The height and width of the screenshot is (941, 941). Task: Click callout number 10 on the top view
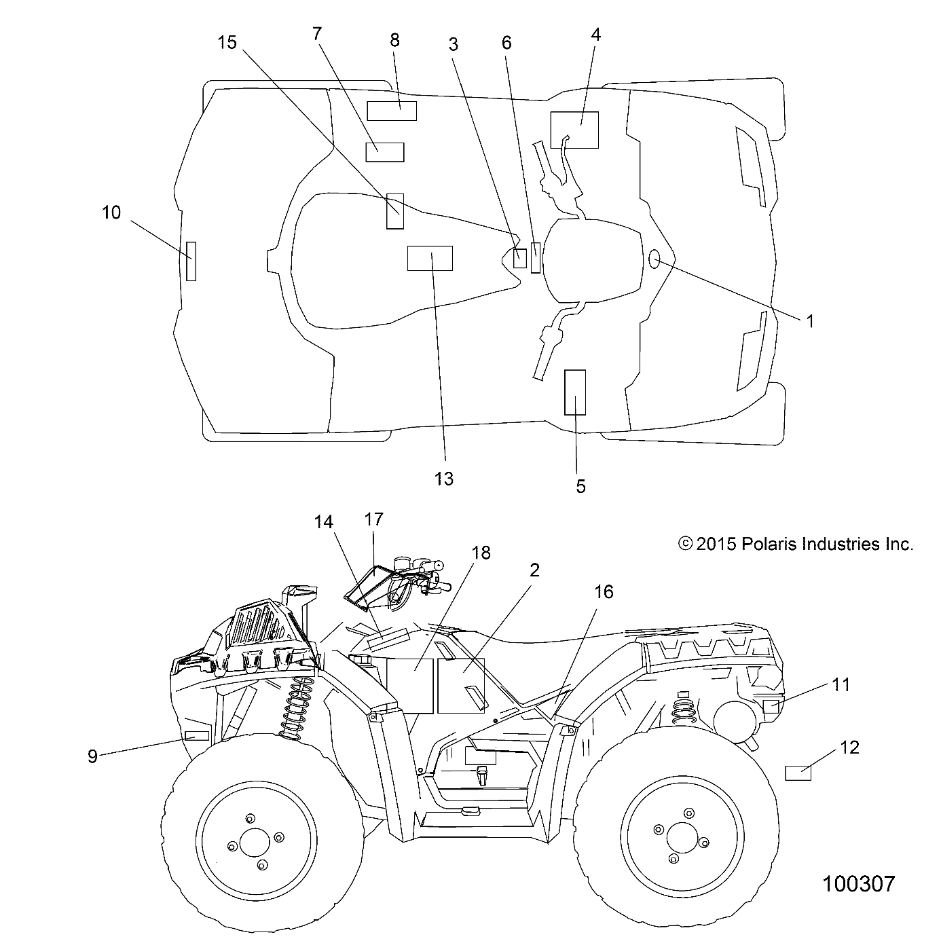pos(111,213)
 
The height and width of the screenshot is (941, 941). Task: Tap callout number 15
pos(227,42)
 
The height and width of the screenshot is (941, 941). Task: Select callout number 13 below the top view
pos(443,478)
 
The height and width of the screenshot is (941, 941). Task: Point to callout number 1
pos(809,320)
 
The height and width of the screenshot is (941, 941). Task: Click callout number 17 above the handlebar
pos(373,520)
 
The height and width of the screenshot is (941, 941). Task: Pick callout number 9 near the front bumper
pos(93,756)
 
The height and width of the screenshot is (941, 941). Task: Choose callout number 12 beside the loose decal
pos(849,748)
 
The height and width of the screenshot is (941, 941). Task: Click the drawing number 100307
pos(858,883)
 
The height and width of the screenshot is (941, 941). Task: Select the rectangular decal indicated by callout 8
pos(392,111)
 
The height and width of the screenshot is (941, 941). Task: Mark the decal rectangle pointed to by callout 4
pos(574,130)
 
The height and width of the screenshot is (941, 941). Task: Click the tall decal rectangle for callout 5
pos(575,392)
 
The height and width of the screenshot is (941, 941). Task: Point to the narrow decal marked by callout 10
pos(191,261)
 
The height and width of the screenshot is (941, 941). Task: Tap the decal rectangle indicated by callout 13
pos(430,258)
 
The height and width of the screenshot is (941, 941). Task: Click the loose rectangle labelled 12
pos(798,773)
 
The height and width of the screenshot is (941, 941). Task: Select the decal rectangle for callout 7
pos(385,152)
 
